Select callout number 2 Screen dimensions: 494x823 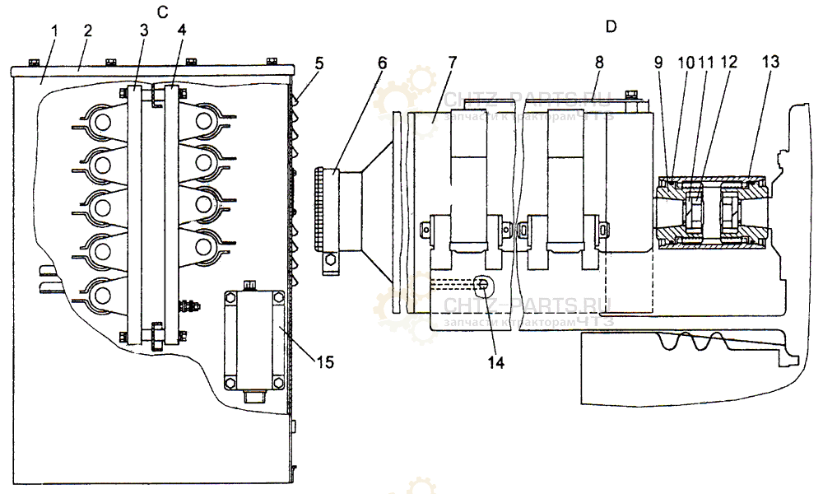87,30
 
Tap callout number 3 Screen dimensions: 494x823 145,30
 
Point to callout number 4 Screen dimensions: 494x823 181,30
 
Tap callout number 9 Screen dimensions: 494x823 658,62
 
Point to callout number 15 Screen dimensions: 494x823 326,360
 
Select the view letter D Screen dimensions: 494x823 611,26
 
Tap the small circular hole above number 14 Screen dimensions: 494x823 486,286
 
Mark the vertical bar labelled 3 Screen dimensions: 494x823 136,214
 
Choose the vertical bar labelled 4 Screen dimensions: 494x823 172,214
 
